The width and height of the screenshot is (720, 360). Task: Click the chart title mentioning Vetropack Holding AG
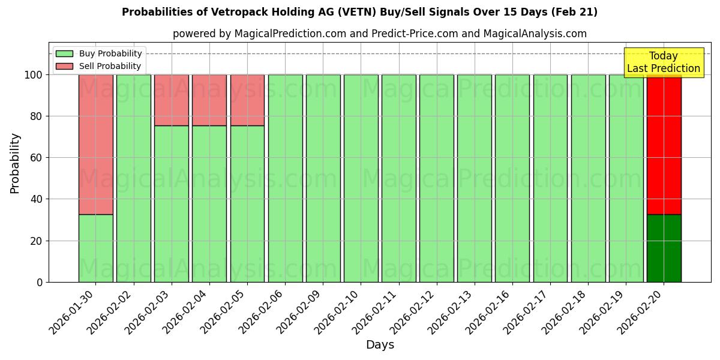tap(359, 12)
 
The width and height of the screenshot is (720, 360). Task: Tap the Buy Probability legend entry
tap(110, 53)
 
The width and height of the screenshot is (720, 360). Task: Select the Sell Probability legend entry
tap(110, 66)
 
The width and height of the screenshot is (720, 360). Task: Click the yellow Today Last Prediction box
tap(664, 62)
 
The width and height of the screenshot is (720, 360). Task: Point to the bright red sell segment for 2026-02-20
tap(664, 144)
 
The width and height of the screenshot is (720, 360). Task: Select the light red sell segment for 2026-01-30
tap(95, 144)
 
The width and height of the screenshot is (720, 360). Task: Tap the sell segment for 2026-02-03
tap(172, 100)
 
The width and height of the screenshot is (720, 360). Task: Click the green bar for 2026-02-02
tap(133, 178)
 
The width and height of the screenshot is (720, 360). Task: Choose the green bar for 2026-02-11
tap(398, 178)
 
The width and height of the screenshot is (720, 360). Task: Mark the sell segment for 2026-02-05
tap(247, 100)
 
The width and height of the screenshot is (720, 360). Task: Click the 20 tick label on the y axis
tap(37, 241)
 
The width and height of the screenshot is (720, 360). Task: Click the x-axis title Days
tap(380, 345)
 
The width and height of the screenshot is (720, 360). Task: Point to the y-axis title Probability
tap(15, 163)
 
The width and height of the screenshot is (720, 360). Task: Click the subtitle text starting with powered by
tap(379, 34)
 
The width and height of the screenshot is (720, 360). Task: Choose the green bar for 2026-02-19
tap(626, 178)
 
